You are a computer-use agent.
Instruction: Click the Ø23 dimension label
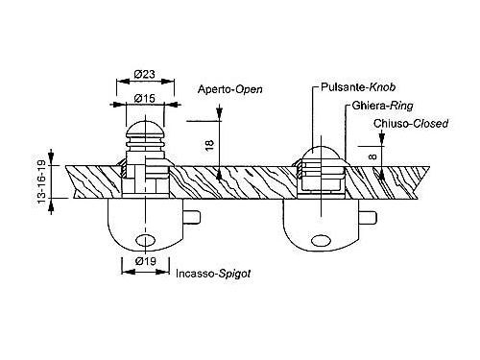[145, 74]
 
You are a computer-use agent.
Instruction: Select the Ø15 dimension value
[145, 98]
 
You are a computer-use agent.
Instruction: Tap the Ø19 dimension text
[146, 261]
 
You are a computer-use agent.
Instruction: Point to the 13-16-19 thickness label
[42, 182]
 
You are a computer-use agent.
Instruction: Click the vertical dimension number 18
[209, 146]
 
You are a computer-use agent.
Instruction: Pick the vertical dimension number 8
[372, 157]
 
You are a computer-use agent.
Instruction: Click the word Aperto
[214, 89]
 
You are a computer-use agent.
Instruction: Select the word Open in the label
[249, 89]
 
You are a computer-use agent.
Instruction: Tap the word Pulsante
[344, 87]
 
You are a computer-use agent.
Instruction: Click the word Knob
[382, 87]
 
